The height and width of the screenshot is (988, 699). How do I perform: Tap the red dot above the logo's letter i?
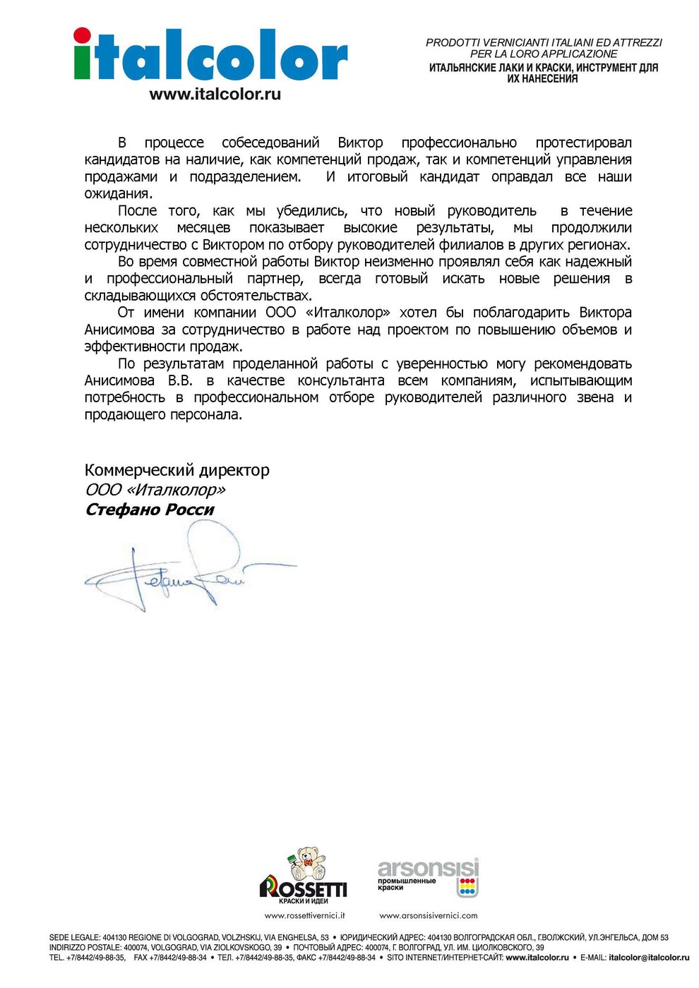coord(82,35)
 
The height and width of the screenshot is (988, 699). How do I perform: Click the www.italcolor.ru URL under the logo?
coord(215,94)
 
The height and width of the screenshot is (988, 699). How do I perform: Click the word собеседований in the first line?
coord(270,143)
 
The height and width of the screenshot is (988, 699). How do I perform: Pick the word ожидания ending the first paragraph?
coord(117,193)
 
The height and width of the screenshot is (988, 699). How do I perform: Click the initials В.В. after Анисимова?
coord(180,380)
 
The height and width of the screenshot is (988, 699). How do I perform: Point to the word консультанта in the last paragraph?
coord(341,380)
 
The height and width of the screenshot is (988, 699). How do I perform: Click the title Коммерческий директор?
coord(177,470)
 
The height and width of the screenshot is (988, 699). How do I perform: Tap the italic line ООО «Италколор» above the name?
coord(155,490)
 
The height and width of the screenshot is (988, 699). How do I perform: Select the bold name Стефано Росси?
coord(149,510)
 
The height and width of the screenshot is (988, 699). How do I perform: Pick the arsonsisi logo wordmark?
coord(428,868)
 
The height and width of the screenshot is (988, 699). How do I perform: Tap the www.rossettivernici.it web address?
coord(304,915)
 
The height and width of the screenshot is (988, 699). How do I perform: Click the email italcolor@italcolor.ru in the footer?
coord(649,958)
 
